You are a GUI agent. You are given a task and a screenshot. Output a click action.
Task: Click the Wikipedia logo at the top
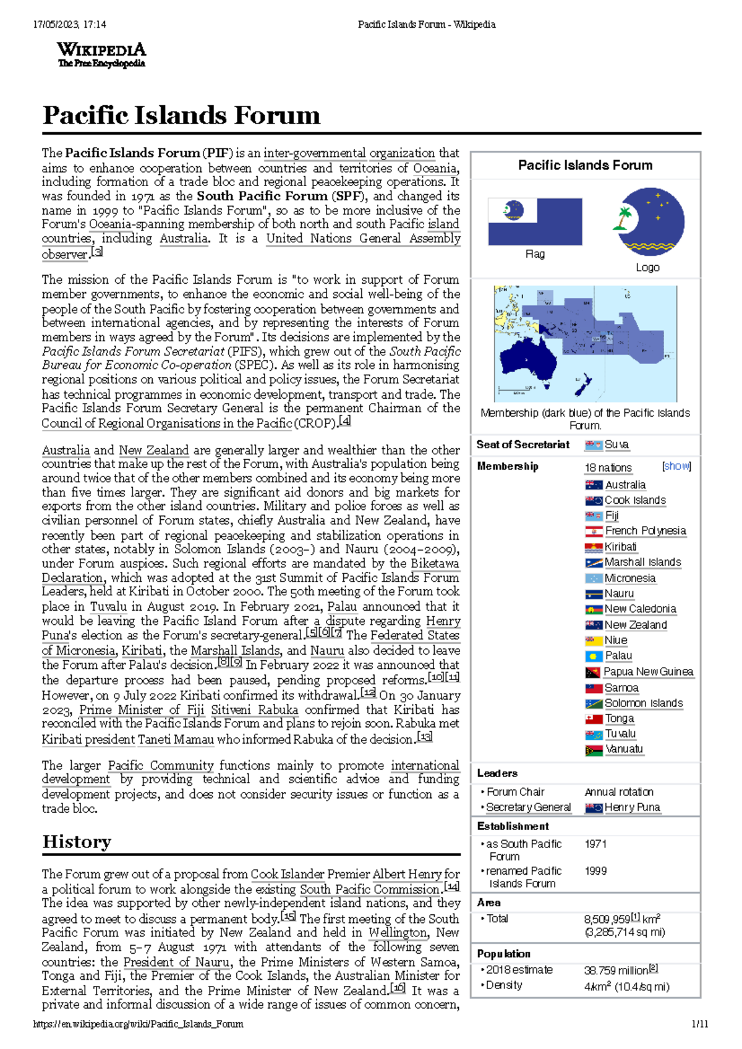click(101, 54)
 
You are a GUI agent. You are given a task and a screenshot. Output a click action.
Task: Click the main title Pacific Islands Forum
click(181, 116)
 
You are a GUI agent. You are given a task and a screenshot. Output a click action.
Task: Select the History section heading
click(77, 842)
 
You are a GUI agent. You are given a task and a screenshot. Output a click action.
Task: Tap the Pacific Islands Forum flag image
click(535, 222)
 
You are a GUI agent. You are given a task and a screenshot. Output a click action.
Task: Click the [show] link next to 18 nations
click(676, 466)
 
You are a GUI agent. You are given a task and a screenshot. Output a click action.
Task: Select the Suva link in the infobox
click(616, 444)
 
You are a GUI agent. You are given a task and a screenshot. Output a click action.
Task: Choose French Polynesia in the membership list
click(645, 531)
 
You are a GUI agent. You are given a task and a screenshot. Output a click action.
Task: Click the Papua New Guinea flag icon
click(593, 673)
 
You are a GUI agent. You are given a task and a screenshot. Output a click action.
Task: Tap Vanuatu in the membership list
click(624, 749)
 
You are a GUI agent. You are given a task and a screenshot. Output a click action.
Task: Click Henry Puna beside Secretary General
click(632, 807)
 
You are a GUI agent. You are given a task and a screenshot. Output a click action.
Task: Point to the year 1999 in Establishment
click(595, 871)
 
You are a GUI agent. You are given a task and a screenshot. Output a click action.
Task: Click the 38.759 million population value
click(616, 970)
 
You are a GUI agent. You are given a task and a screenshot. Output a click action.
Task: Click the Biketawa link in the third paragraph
click(435, 564)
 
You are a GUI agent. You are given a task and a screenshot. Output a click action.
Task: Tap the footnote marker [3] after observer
click(96, 252)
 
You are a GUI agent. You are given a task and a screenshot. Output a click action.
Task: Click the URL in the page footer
click(138, 1024)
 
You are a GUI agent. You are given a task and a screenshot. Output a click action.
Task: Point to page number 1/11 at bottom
click(699, 1024)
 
